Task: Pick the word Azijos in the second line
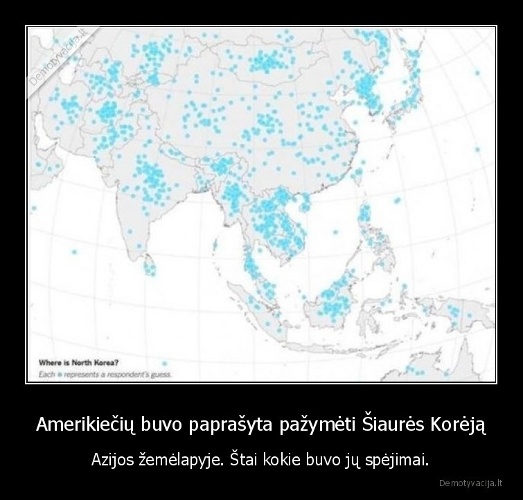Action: tap(113, 458)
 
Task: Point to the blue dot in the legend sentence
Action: tap(60, 374)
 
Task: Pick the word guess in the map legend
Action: tap(161, 374)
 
